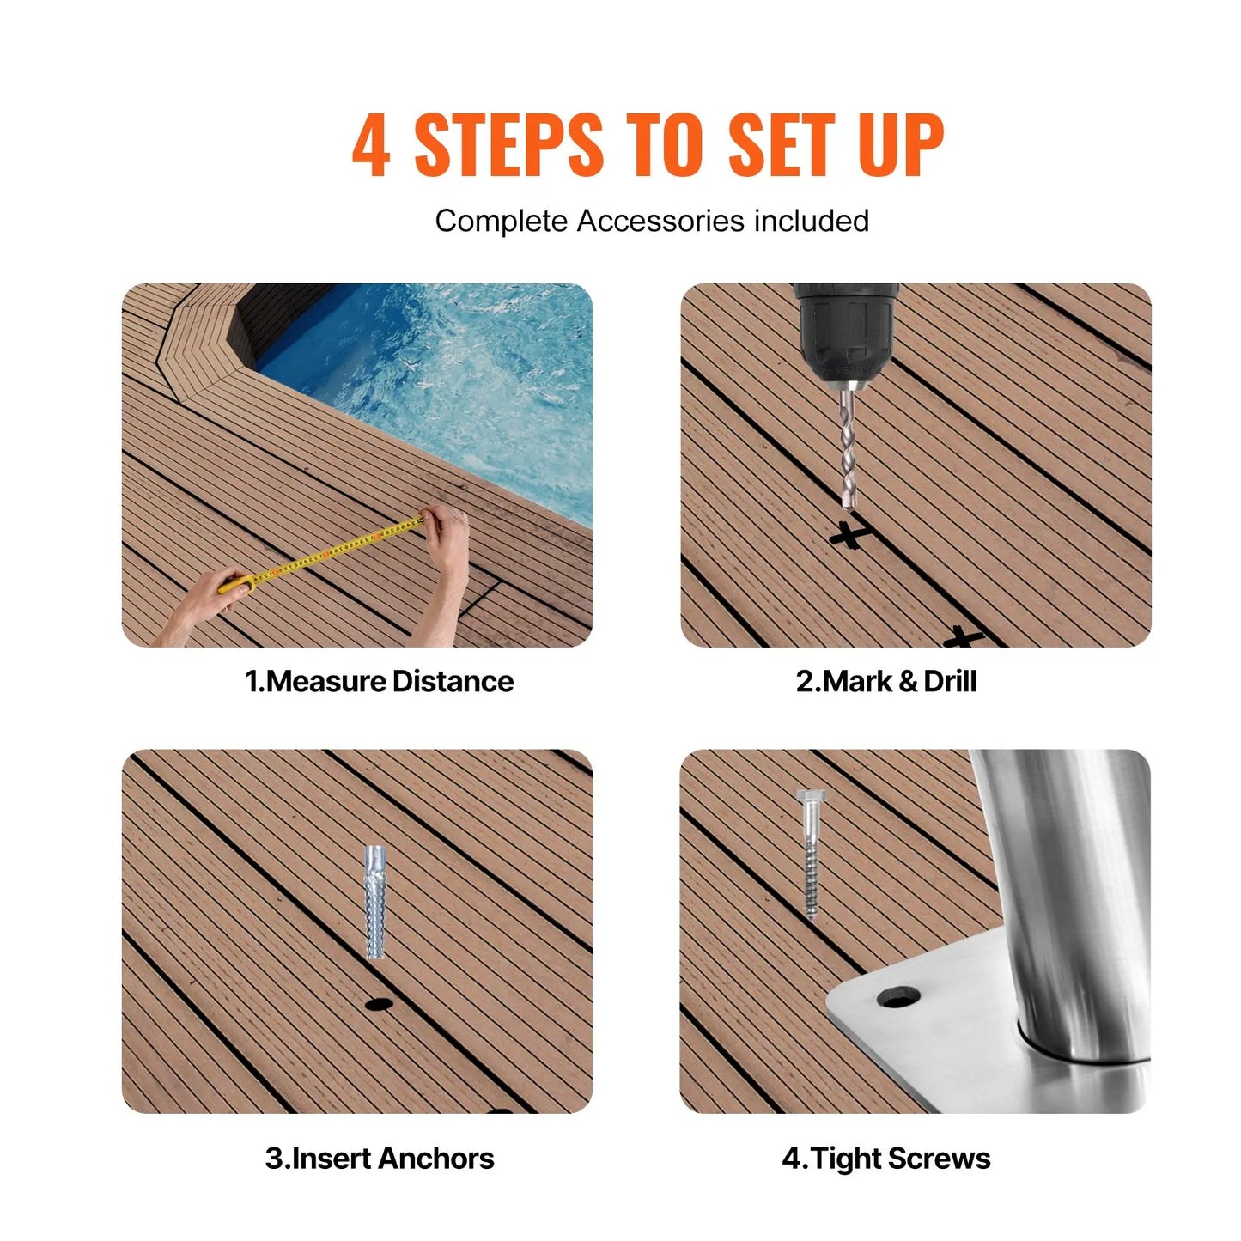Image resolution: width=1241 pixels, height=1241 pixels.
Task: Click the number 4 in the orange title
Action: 371,145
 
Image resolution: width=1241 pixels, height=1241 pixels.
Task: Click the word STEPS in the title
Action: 508,145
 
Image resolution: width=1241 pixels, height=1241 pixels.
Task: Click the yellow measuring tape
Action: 326,554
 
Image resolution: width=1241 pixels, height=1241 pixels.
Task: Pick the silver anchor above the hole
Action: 375,902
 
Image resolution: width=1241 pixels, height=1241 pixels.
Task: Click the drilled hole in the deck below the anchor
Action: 378,1003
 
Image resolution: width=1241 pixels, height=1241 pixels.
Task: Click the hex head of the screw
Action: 809,799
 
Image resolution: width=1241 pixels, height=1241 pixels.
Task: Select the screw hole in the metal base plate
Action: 898,997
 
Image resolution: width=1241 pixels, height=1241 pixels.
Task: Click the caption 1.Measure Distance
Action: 379,682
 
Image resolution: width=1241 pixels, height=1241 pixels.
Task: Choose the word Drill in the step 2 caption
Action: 950,682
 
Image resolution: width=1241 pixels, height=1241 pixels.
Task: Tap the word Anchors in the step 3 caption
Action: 436,1159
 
